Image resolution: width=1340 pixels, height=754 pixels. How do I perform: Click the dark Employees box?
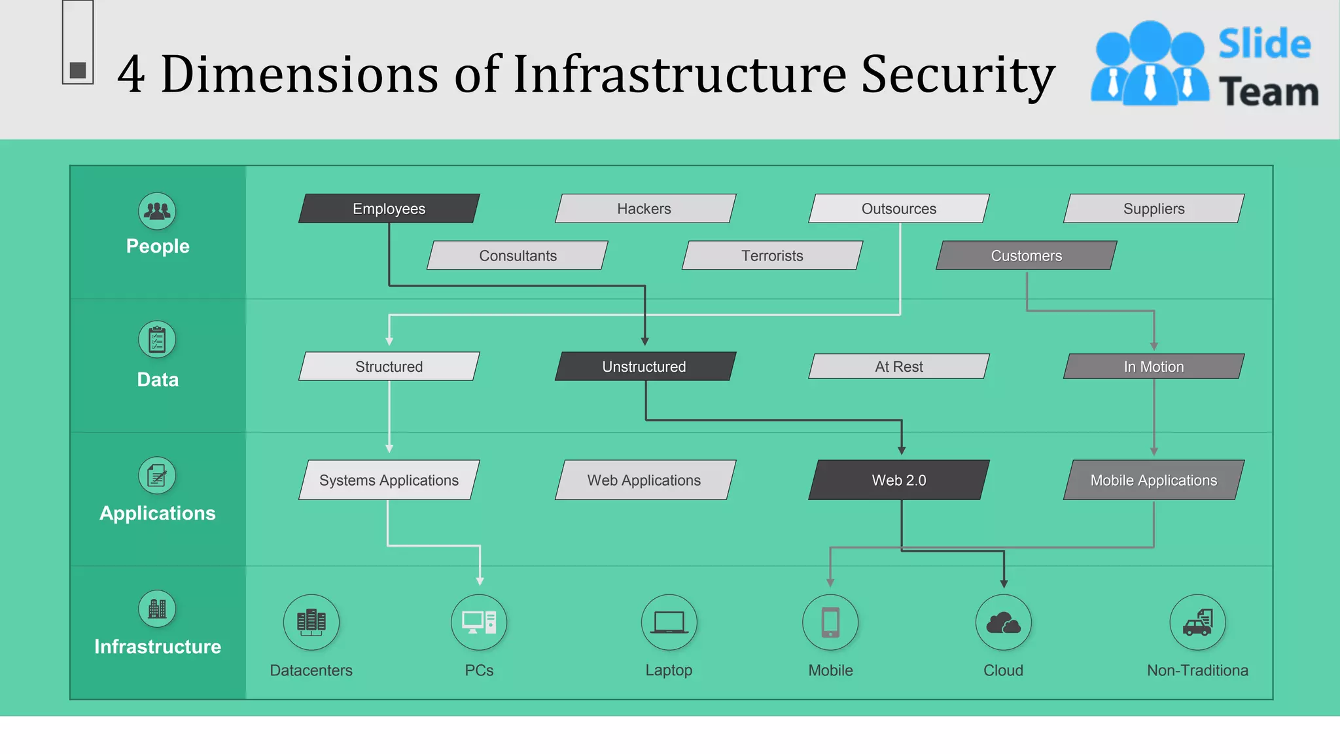389,209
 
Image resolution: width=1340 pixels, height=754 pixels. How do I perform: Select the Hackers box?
644,209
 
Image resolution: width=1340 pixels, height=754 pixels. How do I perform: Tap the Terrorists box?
772,256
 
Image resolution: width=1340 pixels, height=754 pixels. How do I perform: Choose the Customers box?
1026,256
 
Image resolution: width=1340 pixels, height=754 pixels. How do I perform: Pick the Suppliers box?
1154,209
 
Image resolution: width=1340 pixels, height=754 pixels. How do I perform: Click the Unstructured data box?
644,367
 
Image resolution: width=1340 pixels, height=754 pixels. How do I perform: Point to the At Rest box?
899,367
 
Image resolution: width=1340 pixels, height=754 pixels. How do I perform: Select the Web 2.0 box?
899,480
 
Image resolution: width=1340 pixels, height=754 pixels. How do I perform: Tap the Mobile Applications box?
1154,480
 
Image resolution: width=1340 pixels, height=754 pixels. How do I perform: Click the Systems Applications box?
389,480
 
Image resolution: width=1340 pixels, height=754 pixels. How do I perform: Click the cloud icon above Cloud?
1003,622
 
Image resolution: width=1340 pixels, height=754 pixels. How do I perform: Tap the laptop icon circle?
669,622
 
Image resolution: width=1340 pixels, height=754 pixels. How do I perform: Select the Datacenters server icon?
311,622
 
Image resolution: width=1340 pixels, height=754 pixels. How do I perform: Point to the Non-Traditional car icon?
1197,622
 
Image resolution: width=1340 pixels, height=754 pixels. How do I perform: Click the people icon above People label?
157,211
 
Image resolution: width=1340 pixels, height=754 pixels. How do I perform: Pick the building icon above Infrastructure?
157,609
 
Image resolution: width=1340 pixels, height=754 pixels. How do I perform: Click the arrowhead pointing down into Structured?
389,341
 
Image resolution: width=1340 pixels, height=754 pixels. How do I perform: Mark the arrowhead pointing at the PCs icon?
480,581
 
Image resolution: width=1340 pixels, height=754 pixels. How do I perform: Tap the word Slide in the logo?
1264,45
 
